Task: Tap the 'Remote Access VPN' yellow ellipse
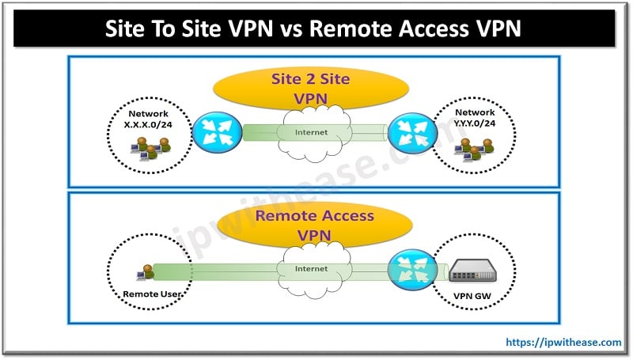point(314,225)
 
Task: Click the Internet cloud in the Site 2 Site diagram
point(316,131)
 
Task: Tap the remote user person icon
point(144,274)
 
